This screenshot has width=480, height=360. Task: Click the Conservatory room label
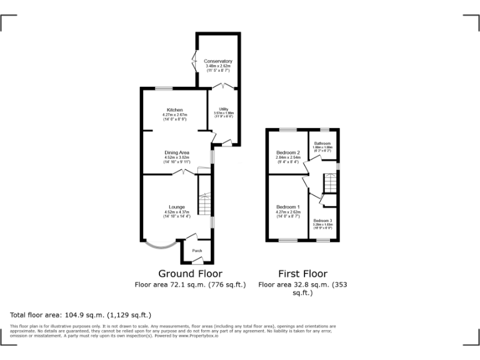[218, 61]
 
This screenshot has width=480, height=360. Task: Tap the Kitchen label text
[174, 110]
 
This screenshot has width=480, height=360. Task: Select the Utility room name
[223, 108]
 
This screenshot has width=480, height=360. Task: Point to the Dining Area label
[176, 152]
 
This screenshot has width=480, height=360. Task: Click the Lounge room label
[176, 207]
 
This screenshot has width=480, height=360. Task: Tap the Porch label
[197, 251]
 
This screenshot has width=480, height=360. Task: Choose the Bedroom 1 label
[289, 207]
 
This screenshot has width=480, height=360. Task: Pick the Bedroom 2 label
[289, 152]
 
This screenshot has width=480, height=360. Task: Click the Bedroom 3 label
[323, 221]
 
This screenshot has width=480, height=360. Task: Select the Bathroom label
[322, 143]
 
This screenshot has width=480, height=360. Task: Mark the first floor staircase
[329, 182]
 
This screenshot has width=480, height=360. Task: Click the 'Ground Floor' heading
[190, 274]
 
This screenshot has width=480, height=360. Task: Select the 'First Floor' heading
[302, 274]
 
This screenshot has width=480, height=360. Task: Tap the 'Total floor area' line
[81, 315]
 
